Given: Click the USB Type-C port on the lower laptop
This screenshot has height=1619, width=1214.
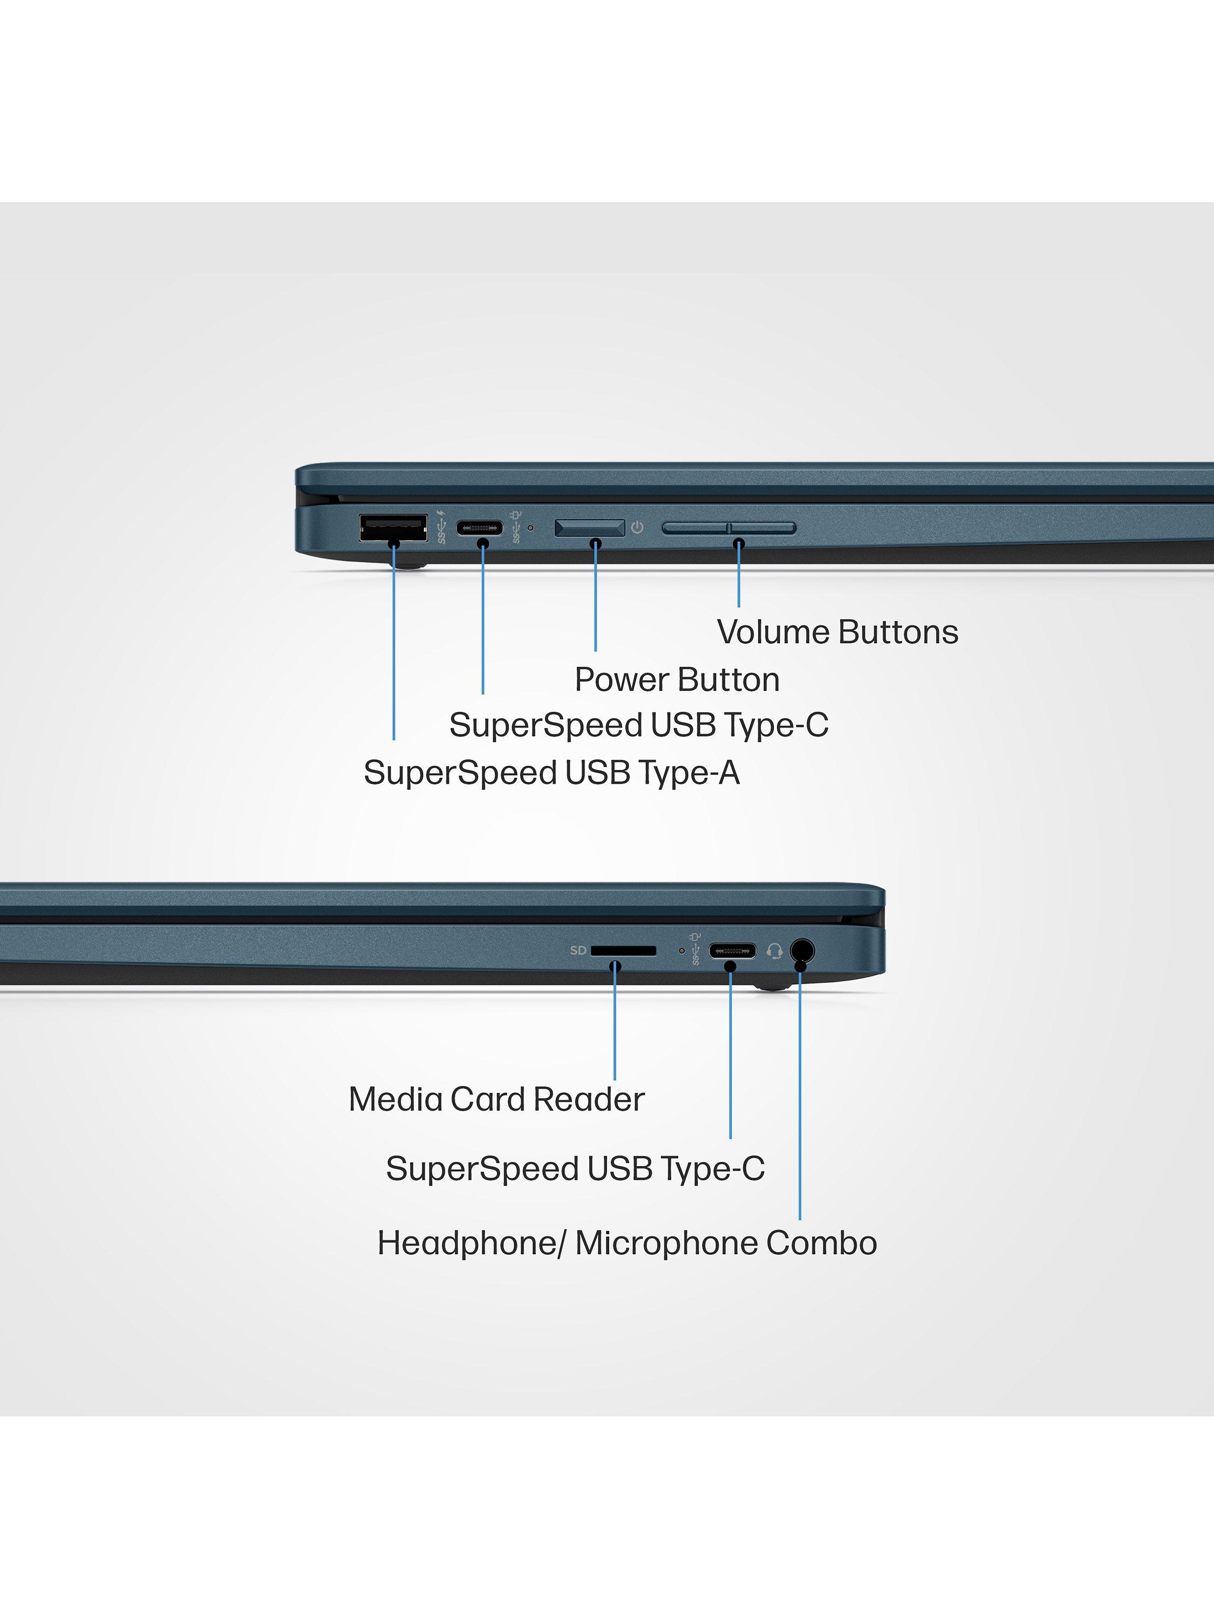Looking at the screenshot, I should pyautogui.click(x=732, y=951).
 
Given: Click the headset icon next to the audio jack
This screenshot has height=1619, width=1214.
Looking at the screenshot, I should pyautogui.click(x=774, y=951).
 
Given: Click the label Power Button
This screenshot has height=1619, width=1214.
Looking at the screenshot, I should pyautogui.click(x=677, y=680).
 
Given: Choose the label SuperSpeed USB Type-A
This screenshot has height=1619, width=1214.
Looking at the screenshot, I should pyautogui.click(x=552, y=773).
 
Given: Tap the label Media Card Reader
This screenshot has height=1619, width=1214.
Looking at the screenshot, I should pyautogui.click(x=496, y=1099).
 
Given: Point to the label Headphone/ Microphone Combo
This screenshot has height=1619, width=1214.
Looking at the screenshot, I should pyautogui.click(x=627, y=1243).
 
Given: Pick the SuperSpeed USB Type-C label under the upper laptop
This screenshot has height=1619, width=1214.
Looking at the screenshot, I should pyautogui.click(x=639, y=725).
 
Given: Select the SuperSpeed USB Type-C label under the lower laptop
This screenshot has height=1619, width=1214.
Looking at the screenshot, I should pyautogui.click(x=575, y=1169).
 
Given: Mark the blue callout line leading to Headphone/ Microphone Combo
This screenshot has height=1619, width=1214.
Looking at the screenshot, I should pyautogui.click(x=800, y=1098).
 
